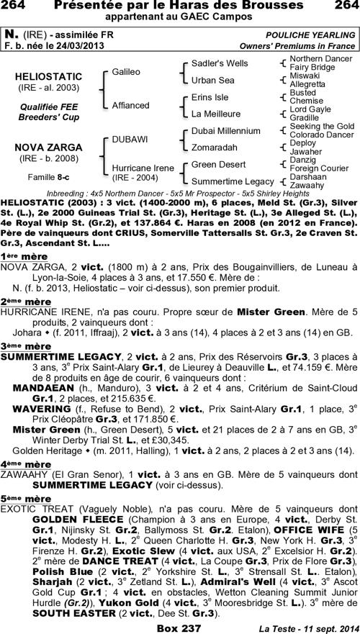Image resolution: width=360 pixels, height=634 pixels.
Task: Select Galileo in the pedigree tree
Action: [x=126, y=72]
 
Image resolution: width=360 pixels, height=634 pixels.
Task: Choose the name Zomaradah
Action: [x=215, y=146]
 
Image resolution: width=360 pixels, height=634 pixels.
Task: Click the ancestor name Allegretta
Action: [x=307, y=83]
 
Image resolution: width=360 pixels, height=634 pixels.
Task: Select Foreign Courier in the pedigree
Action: [x=318, y=168]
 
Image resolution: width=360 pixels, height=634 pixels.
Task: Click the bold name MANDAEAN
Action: [x=40, y=386]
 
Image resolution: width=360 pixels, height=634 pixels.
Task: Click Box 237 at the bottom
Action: [x=180, y=627]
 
